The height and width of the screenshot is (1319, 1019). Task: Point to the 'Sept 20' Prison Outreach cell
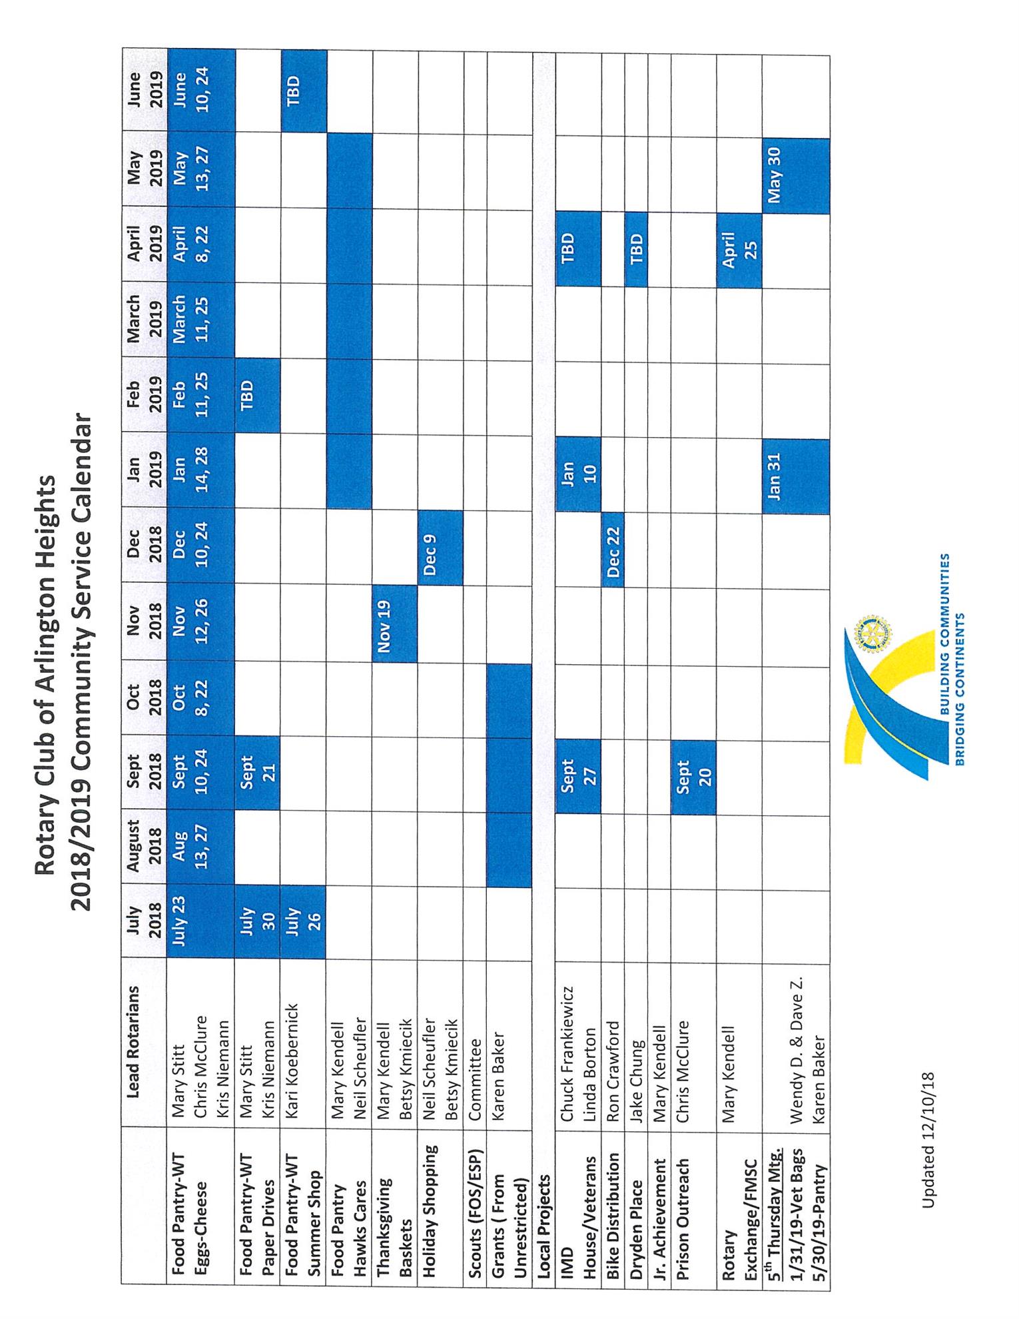693,777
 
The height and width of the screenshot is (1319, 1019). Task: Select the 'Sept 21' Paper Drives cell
257,773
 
